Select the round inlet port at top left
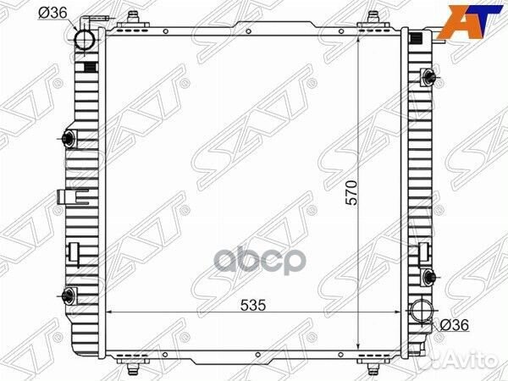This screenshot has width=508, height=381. click(86, 40)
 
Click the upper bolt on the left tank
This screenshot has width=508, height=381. click(69, 140)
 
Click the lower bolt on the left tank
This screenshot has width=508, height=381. click(68, 295)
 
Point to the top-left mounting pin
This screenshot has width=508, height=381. click(133, 18)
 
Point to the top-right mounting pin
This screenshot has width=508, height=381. click(373, 18)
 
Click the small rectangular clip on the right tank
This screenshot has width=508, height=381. click(423, 251)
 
